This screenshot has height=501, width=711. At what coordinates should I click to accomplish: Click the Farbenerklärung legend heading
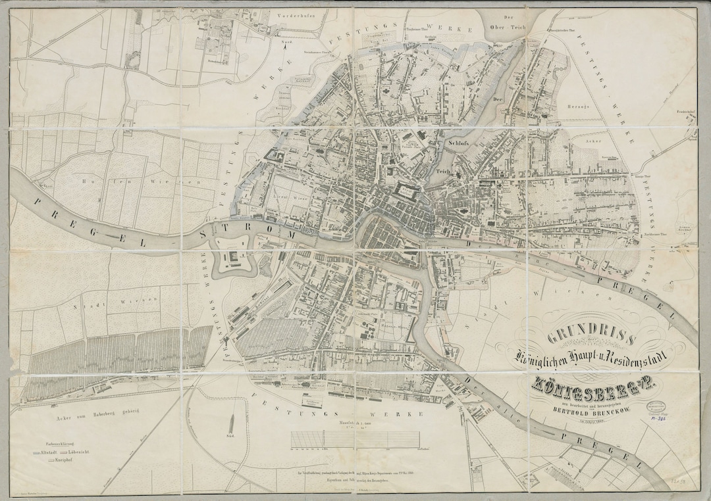(x=54, y=443)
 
